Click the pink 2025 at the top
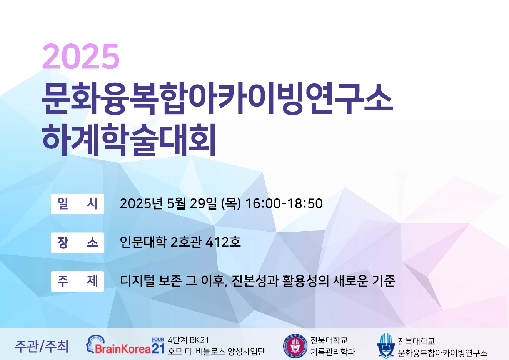81,56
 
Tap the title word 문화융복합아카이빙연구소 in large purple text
217,98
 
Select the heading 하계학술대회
129,140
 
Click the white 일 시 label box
77,204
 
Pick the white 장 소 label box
77,243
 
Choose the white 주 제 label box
77,281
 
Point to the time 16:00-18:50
284,203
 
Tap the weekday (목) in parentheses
231,203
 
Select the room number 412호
223,242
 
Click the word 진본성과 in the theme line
255,281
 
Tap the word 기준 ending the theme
384,281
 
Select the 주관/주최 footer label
42,347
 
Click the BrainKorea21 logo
125,345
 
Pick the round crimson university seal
295,346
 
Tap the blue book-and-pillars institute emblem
386,346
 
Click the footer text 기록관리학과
333,352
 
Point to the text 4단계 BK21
189,340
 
